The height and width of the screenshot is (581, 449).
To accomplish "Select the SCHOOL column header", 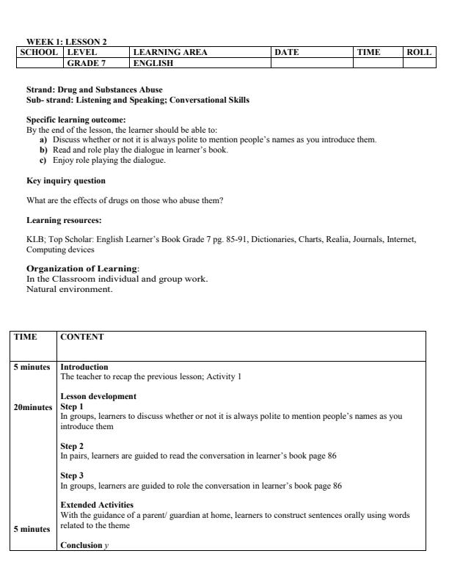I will click(40, 53).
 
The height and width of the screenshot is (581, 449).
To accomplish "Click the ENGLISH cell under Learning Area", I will click(153, 63).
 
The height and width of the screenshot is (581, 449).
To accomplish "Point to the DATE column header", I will click(286, 53).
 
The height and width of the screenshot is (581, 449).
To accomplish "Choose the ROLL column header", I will click(418, 53).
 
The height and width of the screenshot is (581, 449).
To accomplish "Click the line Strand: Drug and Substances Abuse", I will click(95, 90).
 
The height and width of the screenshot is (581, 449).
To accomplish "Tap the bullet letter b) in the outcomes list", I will click(43, 150).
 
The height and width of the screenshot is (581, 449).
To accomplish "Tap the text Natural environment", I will click(66, 290).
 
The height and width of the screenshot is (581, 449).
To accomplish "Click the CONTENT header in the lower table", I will click(81, 337).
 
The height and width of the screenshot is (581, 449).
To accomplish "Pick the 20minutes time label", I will click(32, 406).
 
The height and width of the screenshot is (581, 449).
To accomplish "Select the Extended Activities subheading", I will click(97, 505).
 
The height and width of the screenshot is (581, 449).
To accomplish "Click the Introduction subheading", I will click(84, 367).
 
